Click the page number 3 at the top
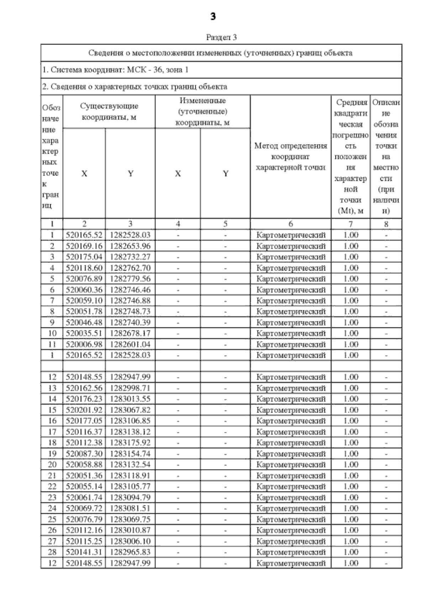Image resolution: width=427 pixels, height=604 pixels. point(213,17)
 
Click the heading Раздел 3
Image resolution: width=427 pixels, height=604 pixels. point(221,37)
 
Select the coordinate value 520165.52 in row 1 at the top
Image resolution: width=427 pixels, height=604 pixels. point(84,235)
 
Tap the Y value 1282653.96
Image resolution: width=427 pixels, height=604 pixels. point(130,246)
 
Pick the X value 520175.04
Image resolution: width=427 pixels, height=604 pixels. point(84,257)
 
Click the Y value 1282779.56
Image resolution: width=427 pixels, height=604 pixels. point(130,279)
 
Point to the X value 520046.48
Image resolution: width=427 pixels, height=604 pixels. point(84,322)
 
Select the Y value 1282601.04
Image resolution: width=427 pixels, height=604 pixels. point(130,344)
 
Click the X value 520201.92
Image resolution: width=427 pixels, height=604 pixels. point(84,410)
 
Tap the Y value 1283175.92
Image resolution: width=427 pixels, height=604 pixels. point(130,443)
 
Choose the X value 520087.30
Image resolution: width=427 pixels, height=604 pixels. point(84,454)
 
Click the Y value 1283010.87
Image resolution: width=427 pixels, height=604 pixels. point(130,530)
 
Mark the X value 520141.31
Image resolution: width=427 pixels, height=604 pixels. point(84,552)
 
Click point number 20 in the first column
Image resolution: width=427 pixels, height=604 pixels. point(52,464)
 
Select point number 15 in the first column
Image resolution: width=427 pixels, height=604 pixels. point(52,410)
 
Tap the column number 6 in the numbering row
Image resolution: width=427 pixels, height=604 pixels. point(291,224)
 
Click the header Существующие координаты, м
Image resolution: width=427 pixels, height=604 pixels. point(109,111)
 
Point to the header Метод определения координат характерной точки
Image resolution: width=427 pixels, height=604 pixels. point(291,157)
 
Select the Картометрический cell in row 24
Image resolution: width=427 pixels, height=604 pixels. point(291,508)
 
